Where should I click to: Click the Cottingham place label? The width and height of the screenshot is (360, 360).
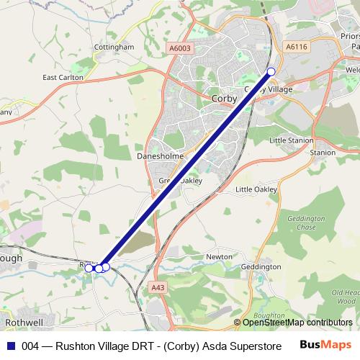click(114, 48)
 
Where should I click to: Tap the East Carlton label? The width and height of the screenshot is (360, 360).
click(63, 77)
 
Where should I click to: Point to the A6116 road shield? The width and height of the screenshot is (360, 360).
click(296, 45)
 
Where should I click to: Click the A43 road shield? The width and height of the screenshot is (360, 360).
click(158, 287)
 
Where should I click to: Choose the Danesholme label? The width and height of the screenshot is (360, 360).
click(156, 156)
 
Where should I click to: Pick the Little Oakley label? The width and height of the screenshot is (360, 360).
click(256, 189)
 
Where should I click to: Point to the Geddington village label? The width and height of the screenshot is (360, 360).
click(261, 266)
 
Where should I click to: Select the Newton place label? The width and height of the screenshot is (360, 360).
click(219, 256)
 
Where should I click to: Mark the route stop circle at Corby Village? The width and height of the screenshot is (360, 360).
click(271, 71)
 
